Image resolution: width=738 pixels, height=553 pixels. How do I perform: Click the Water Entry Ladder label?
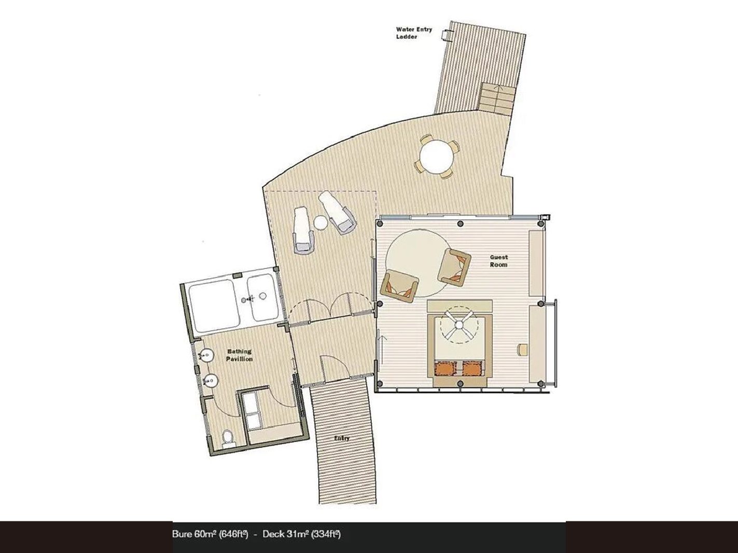click(x=414, y=33)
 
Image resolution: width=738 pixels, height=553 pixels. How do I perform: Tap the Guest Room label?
click(x=498, y=261)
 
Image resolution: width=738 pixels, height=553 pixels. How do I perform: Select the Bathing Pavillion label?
click(x=239, y=355)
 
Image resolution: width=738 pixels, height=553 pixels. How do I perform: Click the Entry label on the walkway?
click(x=342, y=438)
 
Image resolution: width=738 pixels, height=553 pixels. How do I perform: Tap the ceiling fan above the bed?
click(x=459, y=325)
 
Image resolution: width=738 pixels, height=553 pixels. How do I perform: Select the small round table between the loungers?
click(x=321, y=223)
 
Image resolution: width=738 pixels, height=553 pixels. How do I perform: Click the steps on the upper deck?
click(x=496, y=97)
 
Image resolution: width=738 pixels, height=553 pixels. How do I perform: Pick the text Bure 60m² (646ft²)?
click(x=210, y=534)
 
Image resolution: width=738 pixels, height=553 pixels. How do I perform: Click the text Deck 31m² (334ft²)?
click(x=302, y=534)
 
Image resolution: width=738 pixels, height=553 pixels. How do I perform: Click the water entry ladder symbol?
click(x=446, y=36)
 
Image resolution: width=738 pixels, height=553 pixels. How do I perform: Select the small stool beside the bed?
click(x=522, y=349)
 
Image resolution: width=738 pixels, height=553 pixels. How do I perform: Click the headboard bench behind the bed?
click(x=459, y=306)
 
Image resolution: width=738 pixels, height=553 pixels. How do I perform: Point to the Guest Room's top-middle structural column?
click(x=461, y=223)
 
